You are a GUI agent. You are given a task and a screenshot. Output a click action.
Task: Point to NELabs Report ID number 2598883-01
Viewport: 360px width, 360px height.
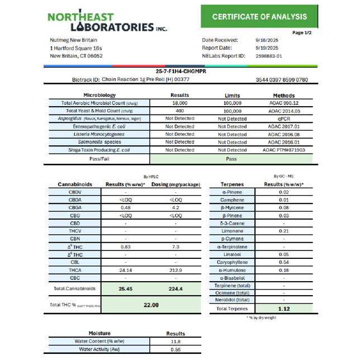pos(269,56)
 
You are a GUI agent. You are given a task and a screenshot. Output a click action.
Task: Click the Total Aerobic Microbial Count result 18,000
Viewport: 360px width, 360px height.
pos(179,103)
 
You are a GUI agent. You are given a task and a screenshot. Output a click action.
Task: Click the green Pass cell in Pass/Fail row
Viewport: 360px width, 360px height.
pos(231,158)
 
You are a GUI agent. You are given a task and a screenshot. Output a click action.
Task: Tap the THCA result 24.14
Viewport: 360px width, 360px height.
pos(125,270)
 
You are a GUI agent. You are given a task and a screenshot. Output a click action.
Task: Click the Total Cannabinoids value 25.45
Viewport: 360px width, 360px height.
pos(125,289)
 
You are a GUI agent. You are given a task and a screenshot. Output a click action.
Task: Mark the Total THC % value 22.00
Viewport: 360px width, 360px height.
pos(151,305)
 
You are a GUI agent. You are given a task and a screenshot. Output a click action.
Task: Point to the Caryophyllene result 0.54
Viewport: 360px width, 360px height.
pos(283,262)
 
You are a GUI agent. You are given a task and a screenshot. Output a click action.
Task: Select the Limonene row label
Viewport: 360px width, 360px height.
pos(231,231)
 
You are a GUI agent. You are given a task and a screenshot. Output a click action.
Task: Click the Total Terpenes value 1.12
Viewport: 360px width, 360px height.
pos(283,309)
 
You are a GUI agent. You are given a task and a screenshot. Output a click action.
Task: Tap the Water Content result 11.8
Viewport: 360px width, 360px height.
pos(176,341)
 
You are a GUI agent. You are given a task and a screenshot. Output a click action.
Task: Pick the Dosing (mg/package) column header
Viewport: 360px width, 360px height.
pos(176,184)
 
